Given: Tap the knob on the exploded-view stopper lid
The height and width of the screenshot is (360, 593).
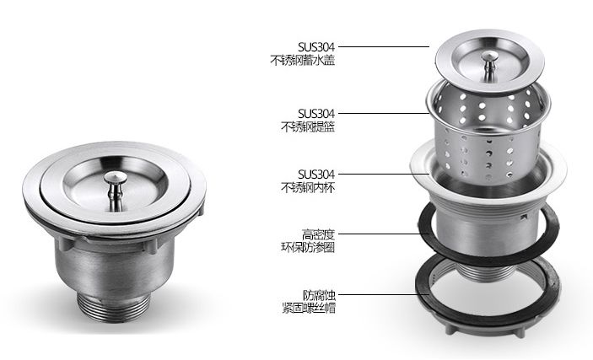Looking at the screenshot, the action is click(x=490, y=65).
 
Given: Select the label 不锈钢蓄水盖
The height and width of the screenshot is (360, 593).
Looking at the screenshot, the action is click(x=303, y=61).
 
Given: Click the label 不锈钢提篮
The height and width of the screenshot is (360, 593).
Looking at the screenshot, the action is click(x=308, y=126).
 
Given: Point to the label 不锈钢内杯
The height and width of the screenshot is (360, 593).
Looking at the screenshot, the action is click(x=308, y=187).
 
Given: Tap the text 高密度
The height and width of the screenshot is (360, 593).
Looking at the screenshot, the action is click(x=319, y=234).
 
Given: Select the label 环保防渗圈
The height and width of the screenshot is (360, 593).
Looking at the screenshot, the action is click(x=308, y=247).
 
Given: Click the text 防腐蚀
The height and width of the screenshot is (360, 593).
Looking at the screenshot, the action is click(x=319, y=294).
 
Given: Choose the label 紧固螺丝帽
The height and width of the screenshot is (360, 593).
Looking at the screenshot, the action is click(x=309, y=308).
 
